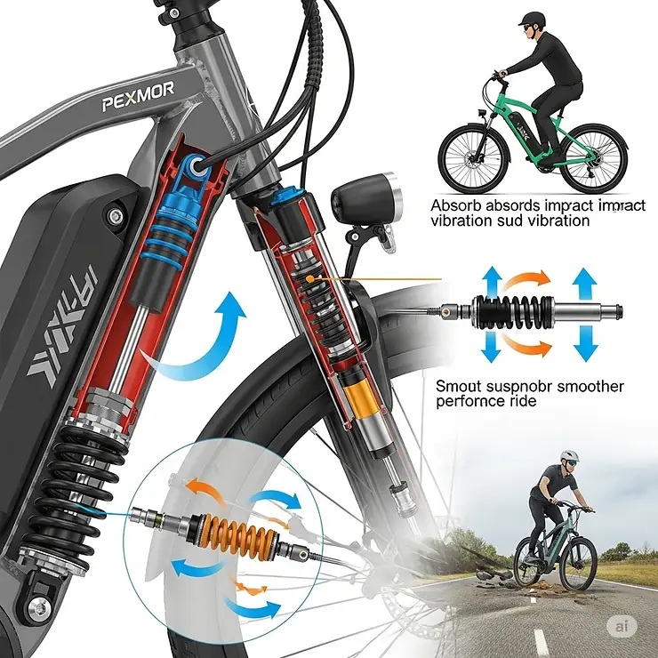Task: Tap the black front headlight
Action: pyautogui.click(x=367, y=201)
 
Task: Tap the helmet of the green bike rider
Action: pyautogui.click(x=532, y=19)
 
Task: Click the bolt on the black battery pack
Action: pyautogui.click(x=113, y=216)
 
